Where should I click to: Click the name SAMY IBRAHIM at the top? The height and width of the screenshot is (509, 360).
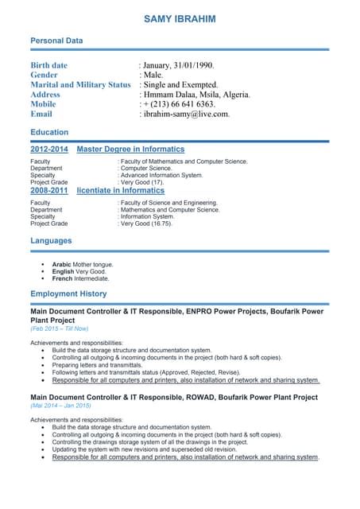click(x=179, y=18)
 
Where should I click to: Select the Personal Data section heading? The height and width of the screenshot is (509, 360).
click(x=56, y=40)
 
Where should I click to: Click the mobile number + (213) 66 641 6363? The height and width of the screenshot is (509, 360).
click(x=179, y=104)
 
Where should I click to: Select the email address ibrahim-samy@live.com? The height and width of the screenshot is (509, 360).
click(x=186, y=114)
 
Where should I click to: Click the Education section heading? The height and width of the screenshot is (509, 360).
click(x=49, y=132)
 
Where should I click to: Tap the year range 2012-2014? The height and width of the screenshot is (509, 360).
click(x=49, y=149)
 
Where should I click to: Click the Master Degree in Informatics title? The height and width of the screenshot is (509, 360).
click(x=130, y=149)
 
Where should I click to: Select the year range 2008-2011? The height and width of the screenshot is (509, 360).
click(x=49, y=191)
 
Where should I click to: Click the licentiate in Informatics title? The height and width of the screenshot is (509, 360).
click(x=120, y=191)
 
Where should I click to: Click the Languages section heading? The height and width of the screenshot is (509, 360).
click(x=51, y=240)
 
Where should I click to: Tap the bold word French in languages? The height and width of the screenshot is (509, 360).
click(x=62, y=279)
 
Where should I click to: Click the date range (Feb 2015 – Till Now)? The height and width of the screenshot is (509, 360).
click(x=60, y=328)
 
